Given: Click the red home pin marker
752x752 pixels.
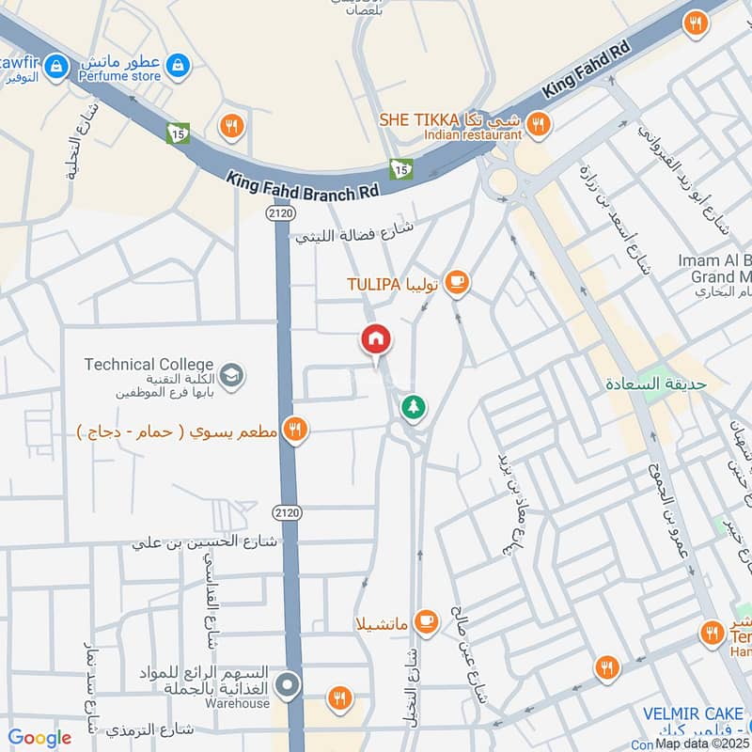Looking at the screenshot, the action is click(376, 339).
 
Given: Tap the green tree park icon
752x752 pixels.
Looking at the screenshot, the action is click(411, 407).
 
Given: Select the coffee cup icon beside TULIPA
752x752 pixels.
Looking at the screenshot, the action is click(456, 282).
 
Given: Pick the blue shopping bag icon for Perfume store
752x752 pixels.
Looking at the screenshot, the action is click(176, 65).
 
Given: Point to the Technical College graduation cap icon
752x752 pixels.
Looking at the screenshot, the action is click(231, 375).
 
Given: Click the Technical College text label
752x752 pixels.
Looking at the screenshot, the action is click(149, 364).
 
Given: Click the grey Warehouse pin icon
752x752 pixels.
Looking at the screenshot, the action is click(289, 684).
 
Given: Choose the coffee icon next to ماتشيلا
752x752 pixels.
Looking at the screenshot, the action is click(427, 620).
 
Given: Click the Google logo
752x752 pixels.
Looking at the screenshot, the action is click(39, 738).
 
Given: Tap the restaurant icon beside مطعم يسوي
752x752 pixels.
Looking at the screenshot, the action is click(295, 430).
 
